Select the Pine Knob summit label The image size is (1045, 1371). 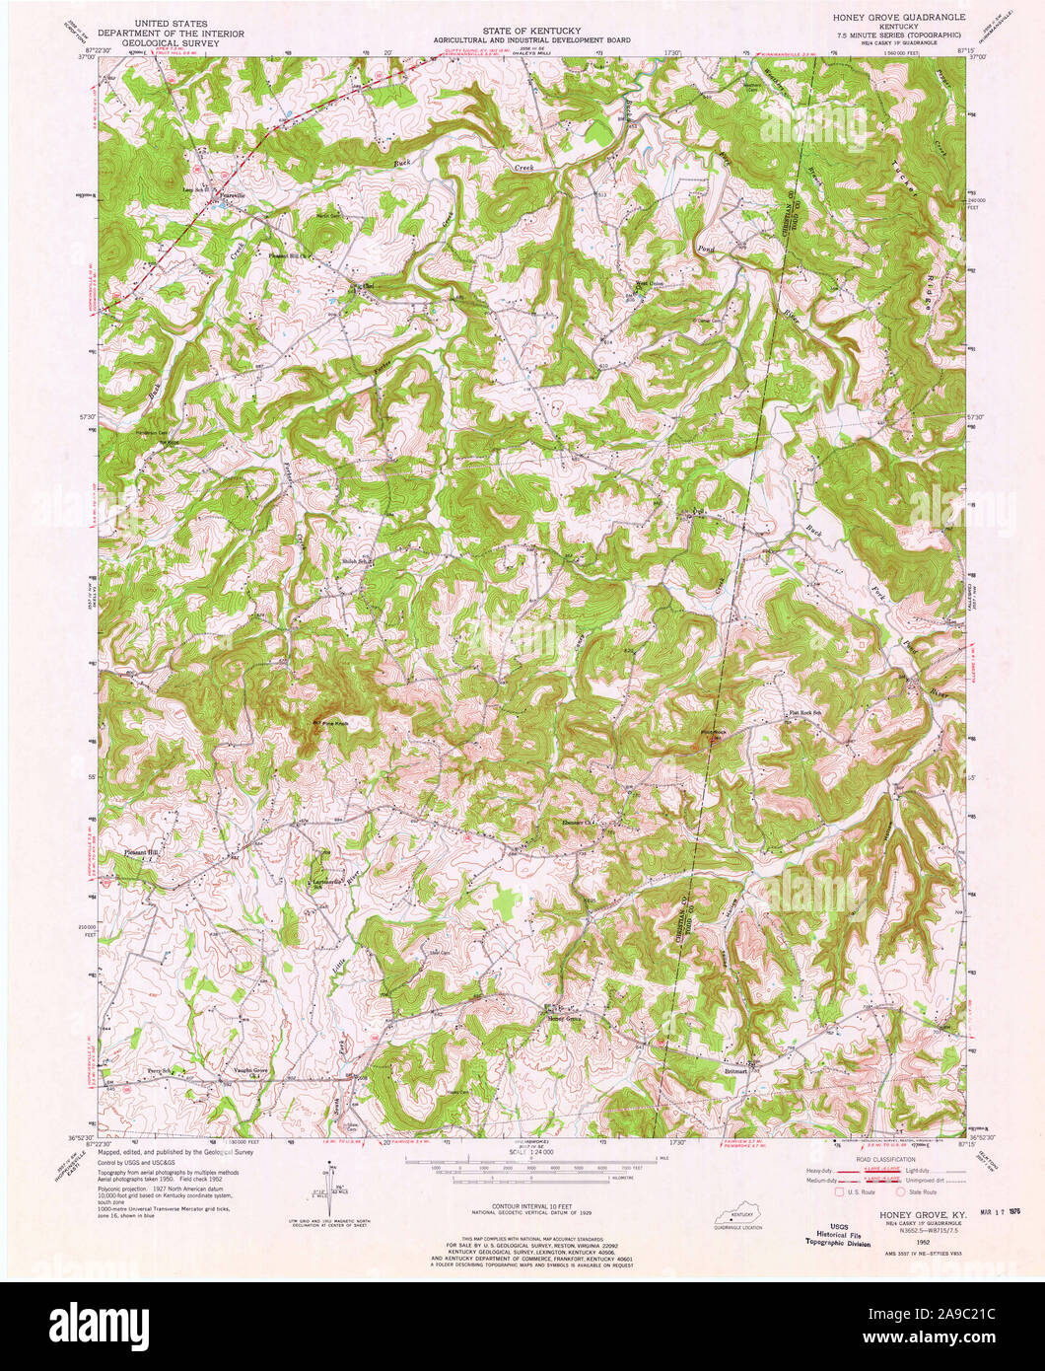(332, 722)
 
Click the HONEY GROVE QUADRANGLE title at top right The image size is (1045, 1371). (898, 19)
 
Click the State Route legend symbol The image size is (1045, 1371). (900, 1191)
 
